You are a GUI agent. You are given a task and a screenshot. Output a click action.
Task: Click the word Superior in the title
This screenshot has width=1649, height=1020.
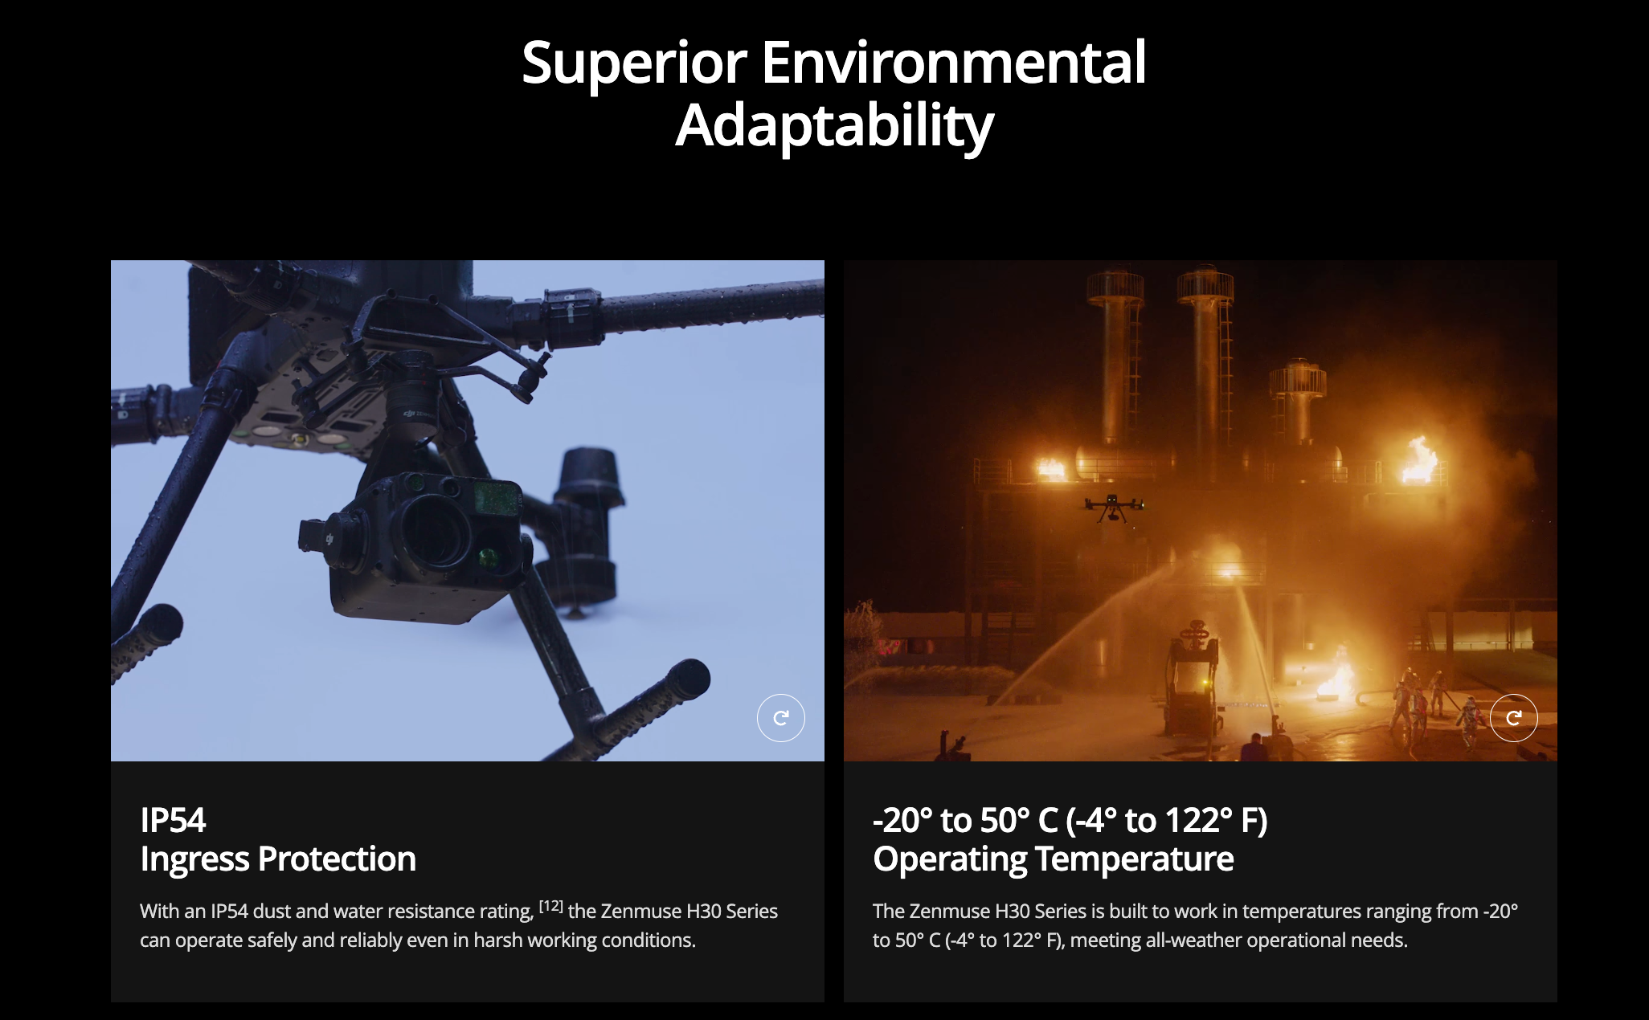(634, 63)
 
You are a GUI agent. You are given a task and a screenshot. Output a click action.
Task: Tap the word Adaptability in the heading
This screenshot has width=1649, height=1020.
(834, 126)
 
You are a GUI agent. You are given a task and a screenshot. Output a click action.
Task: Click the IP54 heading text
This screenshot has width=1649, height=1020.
(173, 820)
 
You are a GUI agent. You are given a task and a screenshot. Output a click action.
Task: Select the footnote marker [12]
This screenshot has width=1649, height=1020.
(551, 906)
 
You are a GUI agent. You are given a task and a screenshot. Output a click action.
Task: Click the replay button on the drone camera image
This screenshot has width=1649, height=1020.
(780, 718)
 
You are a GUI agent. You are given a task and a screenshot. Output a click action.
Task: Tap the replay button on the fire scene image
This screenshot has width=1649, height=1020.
(1513, 718)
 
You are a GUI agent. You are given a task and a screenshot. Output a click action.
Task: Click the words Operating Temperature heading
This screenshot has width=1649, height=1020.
(1053, 859)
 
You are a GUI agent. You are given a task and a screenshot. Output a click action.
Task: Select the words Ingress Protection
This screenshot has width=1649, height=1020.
(278, 859)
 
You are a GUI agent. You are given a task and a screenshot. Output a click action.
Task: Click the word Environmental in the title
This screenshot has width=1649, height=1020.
(953, 63)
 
